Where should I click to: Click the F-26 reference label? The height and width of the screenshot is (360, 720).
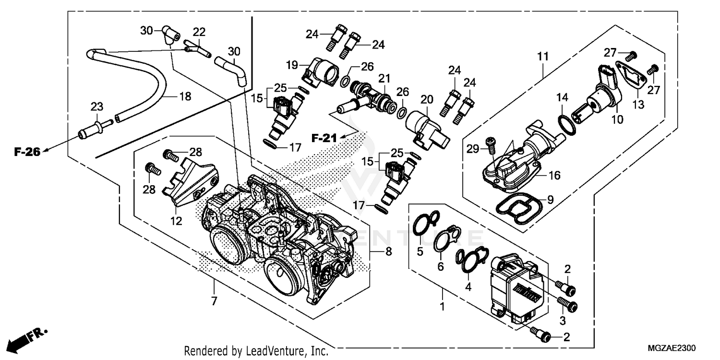click(26, 152)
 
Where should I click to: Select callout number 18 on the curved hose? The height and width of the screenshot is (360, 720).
click(185, 96)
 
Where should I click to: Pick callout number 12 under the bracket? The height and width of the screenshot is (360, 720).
click(176, 221)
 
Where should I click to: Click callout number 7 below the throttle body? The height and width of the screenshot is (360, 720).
click(214, 301)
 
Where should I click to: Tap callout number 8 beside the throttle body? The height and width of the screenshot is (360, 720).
click(388, 251)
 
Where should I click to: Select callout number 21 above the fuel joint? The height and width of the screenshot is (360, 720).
click(384, 78)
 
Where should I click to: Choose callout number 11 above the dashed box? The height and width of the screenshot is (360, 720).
click(543, 57)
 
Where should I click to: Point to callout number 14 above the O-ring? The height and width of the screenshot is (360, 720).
click(562, 97)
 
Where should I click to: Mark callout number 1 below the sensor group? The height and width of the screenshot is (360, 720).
click(443, 305)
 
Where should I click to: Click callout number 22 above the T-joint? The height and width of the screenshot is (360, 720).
click(199, 32)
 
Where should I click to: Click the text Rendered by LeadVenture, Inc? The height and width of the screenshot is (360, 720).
click(256, 351)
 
